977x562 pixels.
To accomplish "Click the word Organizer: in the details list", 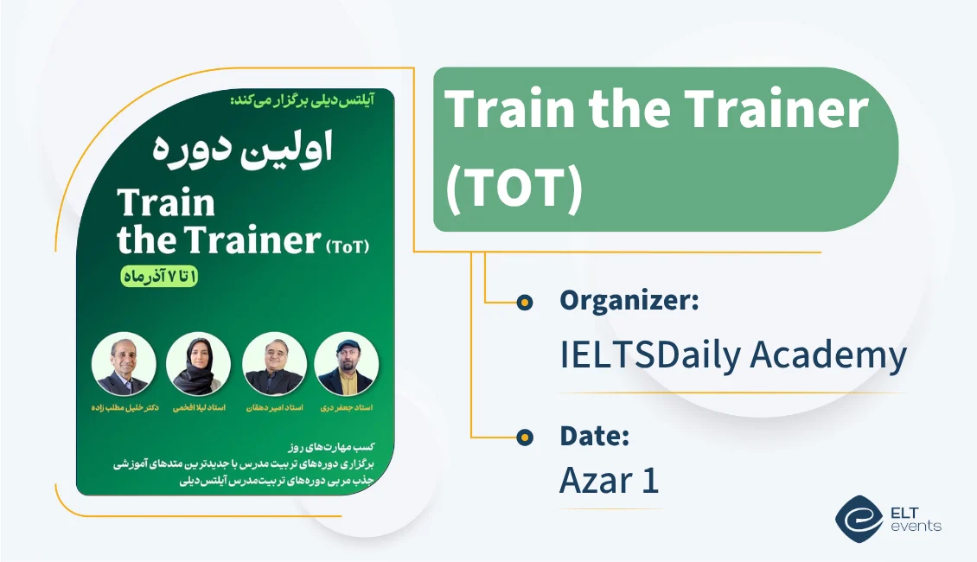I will (x=629, y=301).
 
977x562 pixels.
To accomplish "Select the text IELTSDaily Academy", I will (x=733, y=355).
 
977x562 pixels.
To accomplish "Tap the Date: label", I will (x=594, y=437).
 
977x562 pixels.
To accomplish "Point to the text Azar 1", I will (x=609, y=481).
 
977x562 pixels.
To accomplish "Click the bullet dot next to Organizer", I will (x=524, y=303).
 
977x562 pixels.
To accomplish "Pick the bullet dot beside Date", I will (x=524, y=438).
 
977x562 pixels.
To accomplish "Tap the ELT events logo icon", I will (x=859, y=517).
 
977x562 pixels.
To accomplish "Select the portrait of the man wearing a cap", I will (x=346, y=364).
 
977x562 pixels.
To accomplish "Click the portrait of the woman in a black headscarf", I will (x=198, y=364).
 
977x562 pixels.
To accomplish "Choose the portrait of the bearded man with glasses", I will (x=274, y=364).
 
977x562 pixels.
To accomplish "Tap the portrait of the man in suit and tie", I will (x=124, y=364).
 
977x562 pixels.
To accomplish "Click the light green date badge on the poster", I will (x=158, y=277).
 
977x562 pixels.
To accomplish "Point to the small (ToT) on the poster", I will (x=348, y=246).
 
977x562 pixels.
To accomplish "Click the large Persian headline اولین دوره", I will (x=242, y=149).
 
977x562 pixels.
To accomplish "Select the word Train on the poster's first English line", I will (x=166, y=203).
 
